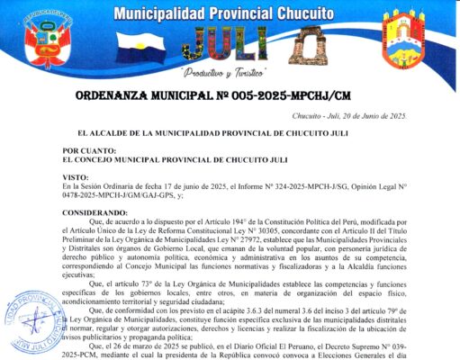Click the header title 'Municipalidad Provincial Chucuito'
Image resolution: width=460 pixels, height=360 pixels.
click(230, 13)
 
